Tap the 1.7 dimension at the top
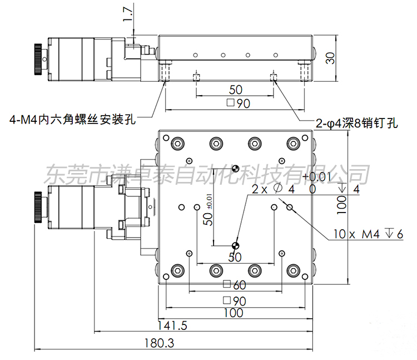(129, 12)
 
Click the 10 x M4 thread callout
(368, 234)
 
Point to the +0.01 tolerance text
(317, 177)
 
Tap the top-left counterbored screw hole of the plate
(177, 142)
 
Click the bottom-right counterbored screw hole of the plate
(292, 271)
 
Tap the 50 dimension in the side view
(236, 89)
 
